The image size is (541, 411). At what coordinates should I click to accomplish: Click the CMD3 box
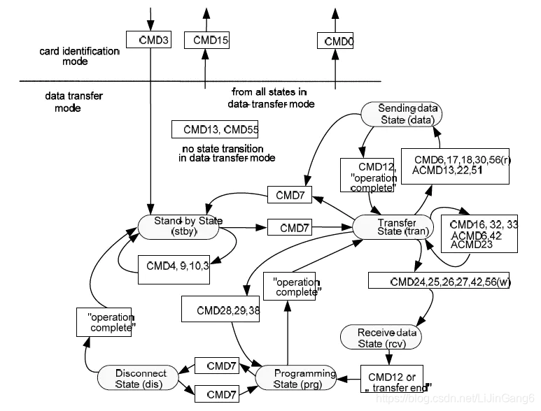(x=148, y=41)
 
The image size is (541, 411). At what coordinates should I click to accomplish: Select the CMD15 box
(x=206, y=41)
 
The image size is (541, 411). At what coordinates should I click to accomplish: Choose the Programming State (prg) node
(x=295, y=377)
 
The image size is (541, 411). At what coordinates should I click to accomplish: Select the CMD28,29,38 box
(x=220, y=309)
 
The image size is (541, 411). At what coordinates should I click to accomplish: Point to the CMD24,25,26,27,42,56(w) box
(x=441, y=281)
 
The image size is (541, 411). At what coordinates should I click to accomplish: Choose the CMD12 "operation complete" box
(x=369, y=175)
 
